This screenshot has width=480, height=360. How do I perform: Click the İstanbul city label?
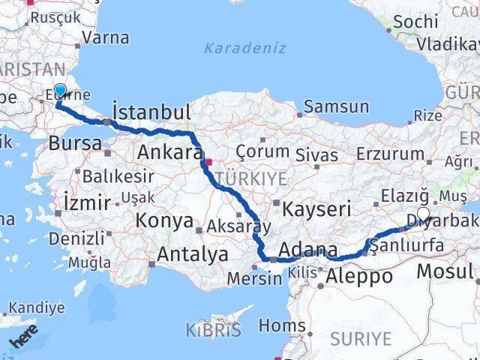[151, 112]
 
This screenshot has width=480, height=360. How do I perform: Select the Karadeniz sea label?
[245, 48]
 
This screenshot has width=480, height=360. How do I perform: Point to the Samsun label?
[337, 106]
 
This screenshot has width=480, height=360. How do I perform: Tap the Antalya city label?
[193, 254]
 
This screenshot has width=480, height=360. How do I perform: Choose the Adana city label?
[307, 249]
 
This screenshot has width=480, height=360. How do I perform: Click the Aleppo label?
[359, 276]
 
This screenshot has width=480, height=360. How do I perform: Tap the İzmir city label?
[87, 202]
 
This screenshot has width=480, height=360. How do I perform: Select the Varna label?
[106, 37]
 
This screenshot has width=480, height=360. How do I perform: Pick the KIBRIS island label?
[214, 330]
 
